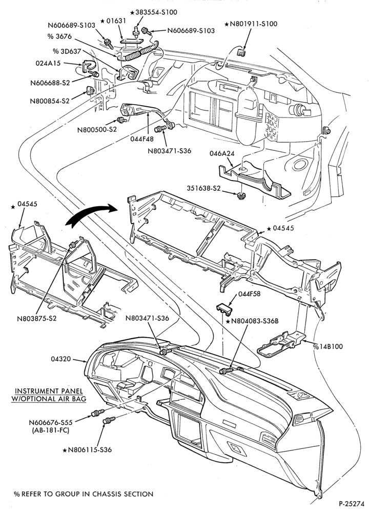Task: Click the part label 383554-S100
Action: [x=153, y=12]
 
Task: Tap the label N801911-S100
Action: [x=251, y=24]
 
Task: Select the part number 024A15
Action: [x=48, y=63]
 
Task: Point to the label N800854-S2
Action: [x=50, y=101]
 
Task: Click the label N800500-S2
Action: [x=97, y=129]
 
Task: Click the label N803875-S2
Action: [x=37, y=318]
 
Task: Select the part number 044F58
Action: [x=249, y=294]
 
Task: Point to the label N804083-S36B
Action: [x=252, y=321]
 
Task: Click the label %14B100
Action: [x=328, y=346]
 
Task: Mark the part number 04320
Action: [x=60, y=359]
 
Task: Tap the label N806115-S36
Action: [x=87, y=450]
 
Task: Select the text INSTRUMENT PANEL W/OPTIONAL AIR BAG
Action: [x=49, y=395]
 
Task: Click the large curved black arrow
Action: [x=90, y=214]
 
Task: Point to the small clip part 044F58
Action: [x=225, y=308]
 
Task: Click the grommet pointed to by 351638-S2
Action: [x=241, y=195]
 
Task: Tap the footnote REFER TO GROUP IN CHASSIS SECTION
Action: [x=84, y=494]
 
